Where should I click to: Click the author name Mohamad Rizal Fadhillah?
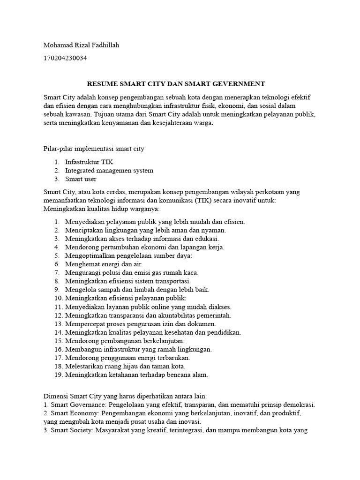pos(84,45)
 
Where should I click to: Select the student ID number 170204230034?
pos(65,59)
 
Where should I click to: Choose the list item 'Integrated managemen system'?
pos(109,170)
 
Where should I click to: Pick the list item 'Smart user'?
pos(81,179)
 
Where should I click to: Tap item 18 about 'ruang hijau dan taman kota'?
pos(125,366)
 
